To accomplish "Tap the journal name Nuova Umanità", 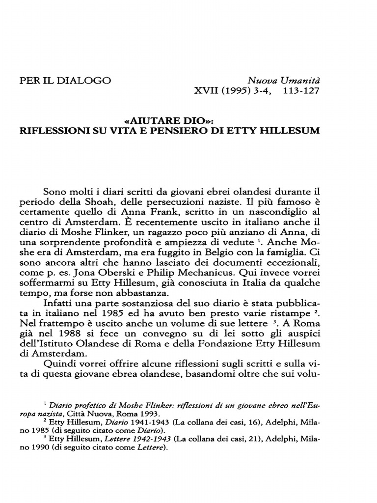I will click(x=287, y=80).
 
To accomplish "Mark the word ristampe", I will click(x=288, y=318).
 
